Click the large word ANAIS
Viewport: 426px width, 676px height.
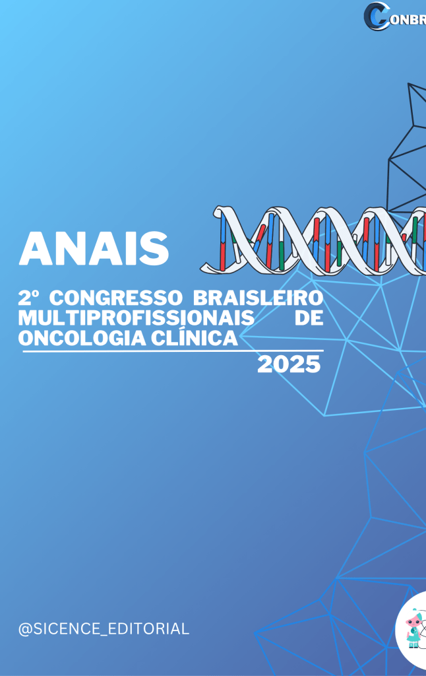[x=94, y=248]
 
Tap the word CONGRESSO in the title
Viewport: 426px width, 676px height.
[x=116, y=298]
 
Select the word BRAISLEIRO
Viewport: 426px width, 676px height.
[x=258, y=298]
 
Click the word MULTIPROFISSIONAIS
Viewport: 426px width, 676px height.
[x=136, y=318]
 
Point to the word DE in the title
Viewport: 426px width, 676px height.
[x=309, y=318]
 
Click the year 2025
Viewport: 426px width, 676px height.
[x=289, y=364]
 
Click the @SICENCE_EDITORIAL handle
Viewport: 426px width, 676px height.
[x=104, y=629]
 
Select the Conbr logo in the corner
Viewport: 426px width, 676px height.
[x=394, y=17]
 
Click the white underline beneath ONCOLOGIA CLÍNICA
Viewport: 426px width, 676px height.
[x=173, y=351]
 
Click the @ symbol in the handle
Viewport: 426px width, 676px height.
[x=26, y=629]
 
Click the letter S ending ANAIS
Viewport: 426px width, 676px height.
[x=155, y=249]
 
